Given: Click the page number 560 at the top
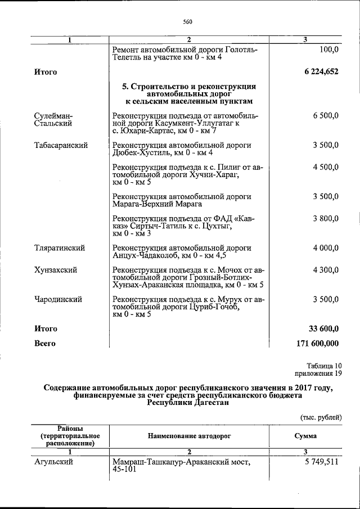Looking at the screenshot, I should (188, 22).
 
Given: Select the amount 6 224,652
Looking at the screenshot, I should (321, 71).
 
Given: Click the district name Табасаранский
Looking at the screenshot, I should (61, 145).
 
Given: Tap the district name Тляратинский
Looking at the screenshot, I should (60, 247).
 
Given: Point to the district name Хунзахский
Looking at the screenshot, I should (56, 269).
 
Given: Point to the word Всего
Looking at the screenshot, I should (45, 343).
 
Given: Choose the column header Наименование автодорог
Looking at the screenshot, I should (190, 436).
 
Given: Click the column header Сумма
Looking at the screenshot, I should (305, 436).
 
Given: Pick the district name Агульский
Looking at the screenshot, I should (54, 462).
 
